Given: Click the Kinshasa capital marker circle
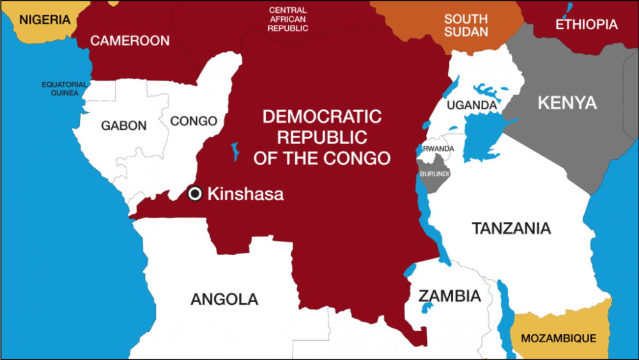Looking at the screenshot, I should pyautogui.click(x=196, y=194).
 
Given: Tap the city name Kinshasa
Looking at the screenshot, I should pyautogui.click(x=245, y=194).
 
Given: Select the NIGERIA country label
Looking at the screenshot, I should pyautogui.click(x=45, y=20).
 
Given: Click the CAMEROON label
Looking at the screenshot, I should pyautogui.click(x=130, y=41).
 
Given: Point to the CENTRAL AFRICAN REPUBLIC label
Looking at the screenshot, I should pyautogui.click(x=288, y=20).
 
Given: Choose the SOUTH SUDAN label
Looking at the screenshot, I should pyautogui.click(x=466, y=26).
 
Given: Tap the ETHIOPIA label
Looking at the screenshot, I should pyautogui.click(x=587, y=25).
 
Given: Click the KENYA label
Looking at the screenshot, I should pyautogui.click(x=567, y=103).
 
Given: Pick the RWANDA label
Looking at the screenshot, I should pyautogui.click(x=438, y=149).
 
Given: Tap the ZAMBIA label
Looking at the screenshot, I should pyautogui.click(x=449, y=296).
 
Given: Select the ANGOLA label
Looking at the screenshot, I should pyautogui.click(x=224, y=299).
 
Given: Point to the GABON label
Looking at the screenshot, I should pyautogui.click(x=124, y=126).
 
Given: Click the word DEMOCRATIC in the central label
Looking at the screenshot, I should pyautogui.click(x=321, y=117).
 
